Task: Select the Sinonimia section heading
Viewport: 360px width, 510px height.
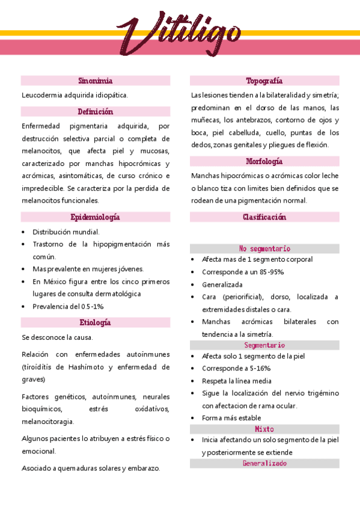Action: pos(96,81)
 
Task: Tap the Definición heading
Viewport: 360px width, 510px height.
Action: pos(96,111)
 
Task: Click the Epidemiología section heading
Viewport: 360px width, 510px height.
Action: pos(96,217)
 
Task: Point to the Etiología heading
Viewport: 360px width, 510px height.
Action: pos(96,322)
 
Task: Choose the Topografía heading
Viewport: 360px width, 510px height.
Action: pos(264,81)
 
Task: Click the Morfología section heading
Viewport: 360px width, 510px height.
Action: pos(264,161)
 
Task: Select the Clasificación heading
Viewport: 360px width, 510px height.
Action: pos(264,217)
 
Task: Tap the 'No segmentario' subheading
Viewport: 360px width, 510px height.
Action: pos(264,248)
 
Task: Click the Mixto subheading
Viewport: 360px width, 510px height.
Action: pos(264,429)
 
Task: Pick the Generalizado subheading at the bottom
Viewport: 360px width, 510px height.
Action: pos(264,464)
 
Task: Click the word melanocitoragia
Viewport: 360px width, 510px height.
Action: pos(48,422)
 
